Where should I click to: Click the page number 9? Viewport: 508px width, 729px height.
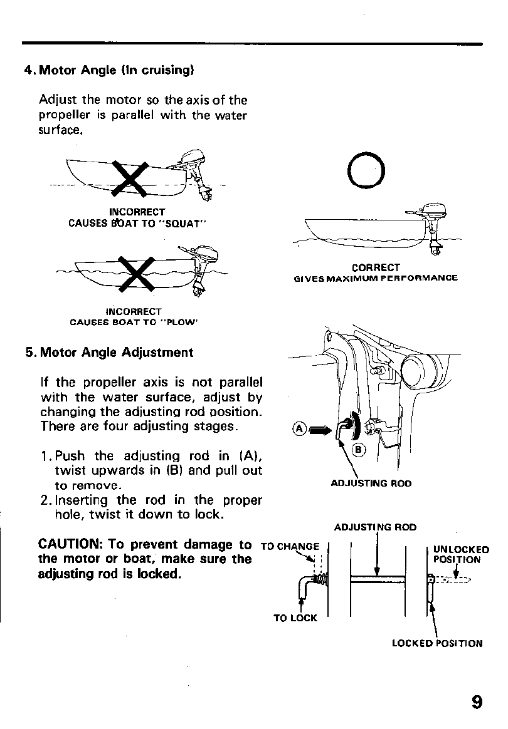477,700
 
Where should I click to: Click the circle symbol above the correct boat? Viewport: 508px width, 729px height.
368,170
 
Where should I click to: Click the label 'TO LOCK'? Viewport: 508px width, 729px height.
295,618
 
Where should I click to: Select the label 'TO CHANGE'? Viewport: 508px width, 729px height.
290,545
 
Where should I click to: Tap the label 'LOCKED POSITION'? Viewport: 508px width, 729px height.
437,643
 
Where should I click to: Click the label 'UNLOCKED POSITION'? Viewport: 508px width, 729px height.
461,554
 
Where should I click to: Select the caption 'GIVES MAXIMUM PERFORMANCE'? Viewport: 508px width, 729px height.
376,278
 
